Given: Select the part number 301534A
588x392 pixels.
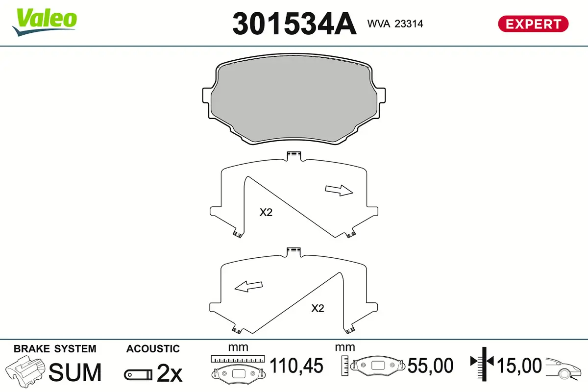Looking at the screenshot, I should click(x=294, y=23).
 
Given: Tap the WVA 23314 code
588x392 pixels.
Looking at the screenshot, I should click(x=395, y=24).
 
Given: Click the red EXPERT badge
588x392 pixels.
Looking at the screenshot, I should click(x=533, y=24).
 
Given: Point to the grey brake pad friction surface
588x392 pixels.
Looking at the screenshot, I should click(x=294, y=103).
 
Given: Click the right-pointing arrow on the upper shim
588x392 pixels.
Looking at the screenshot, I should click(x=339, y=191).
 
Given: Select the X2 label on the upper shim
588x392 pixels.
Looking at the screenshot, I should click(x=266, y=213).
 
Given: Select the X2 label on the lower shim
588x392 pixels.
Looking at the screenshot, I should click(x=318, y=308).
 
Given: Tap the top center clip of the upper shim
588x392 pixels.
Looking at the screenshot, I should click(x=293, y=156).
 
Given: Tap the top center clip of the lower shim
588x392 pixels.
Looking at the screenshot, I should click(x=293, y=251).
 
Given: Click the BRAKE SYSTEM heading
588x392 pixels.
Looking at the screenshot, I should click(x=55, y=349).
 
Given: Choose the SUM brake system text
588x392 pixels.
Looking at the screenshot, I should click(x=75, y=372).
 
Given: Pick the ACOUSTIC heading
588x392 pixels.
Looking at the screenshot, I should click(x=153, y=349).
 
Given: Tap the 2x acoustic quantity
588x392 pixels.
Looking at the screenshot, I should click(x=170, y=374).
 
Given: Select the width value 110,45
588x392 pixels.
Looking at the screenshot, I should click(x=297, y=366).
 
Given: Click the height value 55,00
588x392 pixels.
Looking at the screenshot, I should click(x=431, y=366).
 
